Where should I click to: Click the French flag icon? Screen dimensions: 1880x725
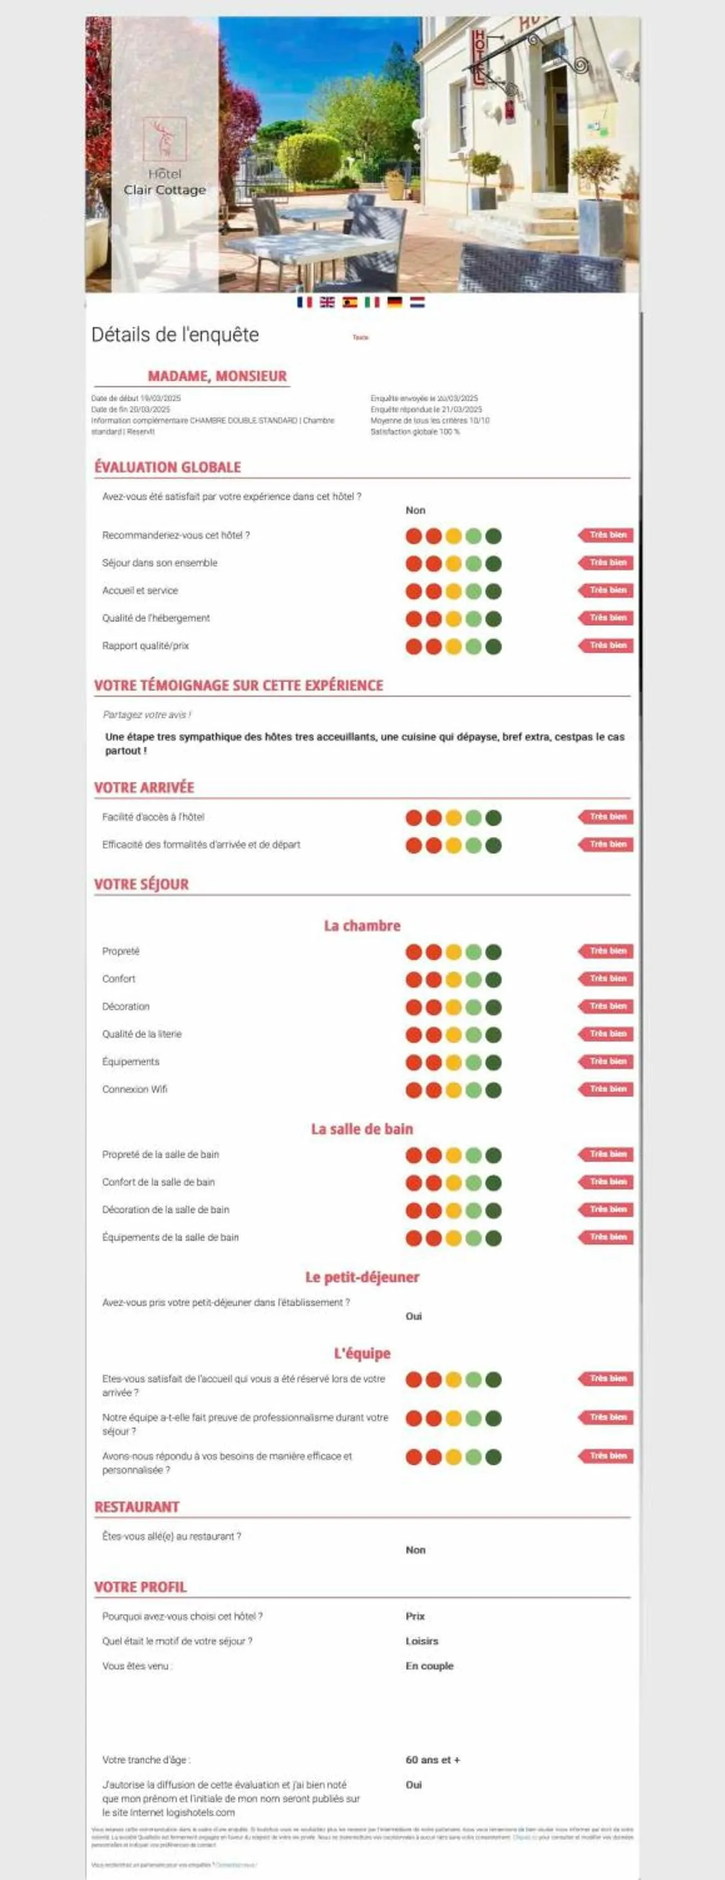[304, 302]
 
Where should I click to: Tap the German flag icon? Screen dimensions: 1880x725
[394, 302]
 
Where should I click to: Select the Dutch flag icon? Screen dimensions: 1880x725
[417, 302]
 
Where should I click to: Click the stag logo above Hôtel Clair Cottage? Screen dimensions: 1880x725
[164, 138]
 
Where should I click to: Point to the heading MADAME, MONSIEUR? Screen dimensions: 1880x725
[217, 376]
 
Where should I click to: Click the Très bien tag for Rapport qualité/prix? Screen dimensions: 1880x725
[606, 646]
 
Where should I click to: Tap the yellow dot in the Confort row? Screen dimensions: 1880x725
[453, 979]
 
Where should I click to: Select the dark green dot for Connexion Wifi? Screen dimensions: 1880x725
[494, 1090]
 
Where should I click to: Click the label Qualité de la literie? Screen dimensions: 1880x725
[142, 1034]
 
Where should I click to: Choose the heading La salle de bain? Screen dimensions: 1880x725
[362, 1129]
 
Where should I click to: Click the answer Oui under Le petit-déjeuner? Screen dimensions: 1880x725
[414, 1316]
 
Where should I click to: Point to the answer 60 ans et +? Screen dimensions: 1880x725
[433, 1760]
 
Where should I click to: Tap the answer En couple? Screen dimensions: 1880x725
[430, 1666]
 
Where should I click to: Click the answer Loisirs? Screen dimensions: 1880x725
[422, 1641]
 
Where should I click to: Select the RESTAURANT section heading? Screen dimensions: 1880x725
[137, 1507]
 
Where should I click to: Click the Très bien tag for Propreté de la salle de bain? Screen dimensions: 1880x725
[606, 1154]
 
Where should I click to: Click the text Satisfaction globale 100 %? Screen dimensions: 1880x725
[415, 432]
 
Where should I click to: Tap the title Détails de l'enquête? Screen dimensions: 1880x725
[175, 335]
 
